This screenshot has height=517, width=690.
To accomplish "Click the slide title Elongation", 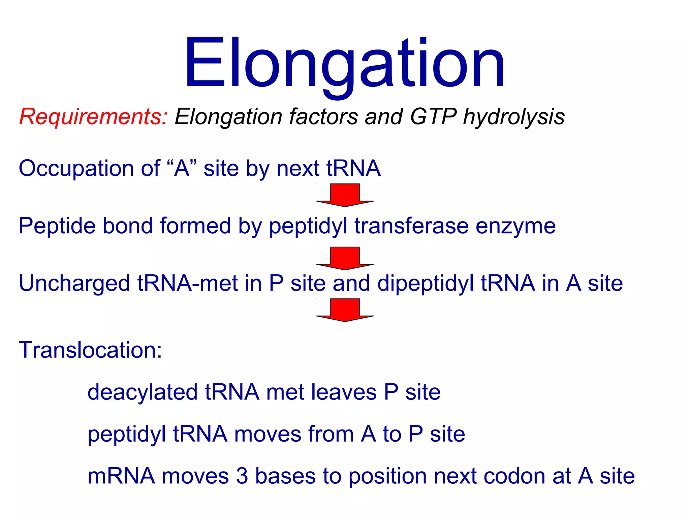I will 344,64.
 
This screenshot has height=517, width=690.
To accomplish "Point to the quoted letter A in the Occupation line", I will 182,168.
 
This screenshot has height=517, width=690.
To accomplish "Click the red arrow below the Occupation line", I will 345,195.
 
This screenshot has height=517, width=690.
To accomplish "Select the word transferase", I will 411,226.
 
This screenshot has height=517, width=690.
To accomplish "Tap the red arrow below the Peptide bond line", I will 345,258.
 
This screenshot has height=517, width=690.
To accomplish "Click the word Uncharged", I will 74,283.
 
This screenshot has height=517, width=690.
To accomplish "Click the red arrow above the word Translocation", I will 345,310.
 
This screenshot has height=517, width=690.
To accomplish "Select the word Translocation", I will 90,350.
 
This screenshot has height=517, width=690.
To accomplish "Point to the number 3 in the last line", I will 242,476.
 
